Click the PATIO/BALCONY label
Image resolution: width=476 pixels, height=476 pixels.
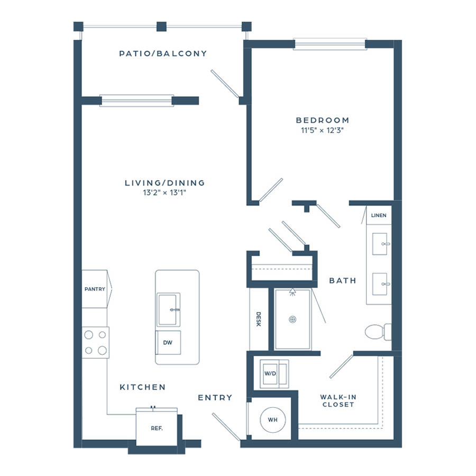point(163,54)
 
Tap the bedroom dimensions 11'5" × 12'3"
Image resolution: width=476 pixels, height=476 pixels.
point(322,130)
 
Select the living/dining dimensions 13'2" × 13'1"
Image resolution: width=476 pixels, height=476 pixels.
point(164,193)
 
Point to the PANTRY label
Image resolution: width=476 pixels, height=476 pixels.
point(95,289)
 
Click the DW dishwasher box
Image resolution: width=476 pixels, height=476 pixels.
point(168,342)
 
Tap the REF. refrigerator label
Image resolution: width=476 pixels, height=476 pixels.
point(157,428)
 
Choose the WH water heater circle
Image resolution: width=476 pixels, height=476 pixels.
point(272,420)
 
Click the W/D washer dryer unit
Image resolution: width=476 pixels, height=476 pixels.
point(274,374)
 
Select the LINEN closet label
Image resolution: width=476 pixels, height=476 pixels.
point(379,215)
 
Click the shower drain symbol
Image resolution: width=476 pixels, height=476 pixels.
point(292,319)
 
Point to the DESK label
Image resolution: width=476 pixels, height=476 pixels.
point(258,319)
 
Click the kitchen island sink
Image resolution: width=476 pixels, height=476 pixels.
point(169,309)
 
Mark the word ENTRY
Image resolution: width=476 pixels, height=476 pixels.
point(215,397)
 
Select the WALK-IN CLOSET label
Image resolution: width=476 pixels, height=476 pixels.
point(338,401)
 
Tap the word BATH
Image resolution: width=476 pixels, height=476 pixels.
point(343,280)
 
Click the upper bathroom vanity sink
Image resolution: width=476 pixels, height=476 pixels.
point(380,244)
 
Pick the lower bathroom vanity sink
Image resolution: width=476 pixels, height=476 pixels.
point(380,284)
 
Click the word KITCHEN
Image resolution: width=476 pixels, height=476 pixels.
point(143,387)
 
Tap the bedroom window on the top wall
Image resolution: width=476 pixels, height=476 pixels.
point(329,44)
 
